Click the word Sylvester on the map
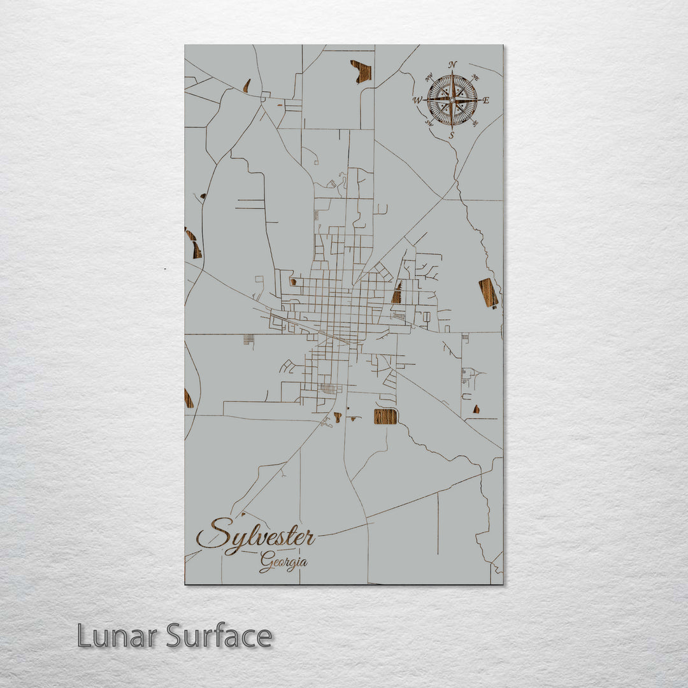pyautogui.click(x=256, y=535)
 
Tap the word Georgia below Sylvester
pyautogui.click(x=283, y=563)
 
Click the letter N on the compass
pyautogui.click(x=452, y=64)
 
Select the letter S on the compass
pyautogui.click(x=452, y=136)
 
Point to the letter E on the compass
pyautogui.click(x=486, y=100)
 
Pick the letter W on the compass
pyautogui.click(x=417, y=100)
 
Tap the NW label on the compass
pyautogui.click(x=428, y=77)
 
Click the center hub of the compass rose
pyautogui.click(x=452, y=100)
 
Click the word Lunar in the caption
pyautogui.click(x=117, y=636)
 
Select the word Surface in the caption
pyautogui.click(x=219, y=636)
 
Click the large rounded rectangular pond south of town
pyautogui.click(x=385, y=417)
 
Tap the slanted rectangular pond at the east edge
pyautogui.click(x=489, y=293)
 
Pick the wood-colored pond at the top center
pyautogui.click(x=361, y=71)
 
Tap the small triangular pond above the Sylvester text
pyautogui.click(x=243, y=513)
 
